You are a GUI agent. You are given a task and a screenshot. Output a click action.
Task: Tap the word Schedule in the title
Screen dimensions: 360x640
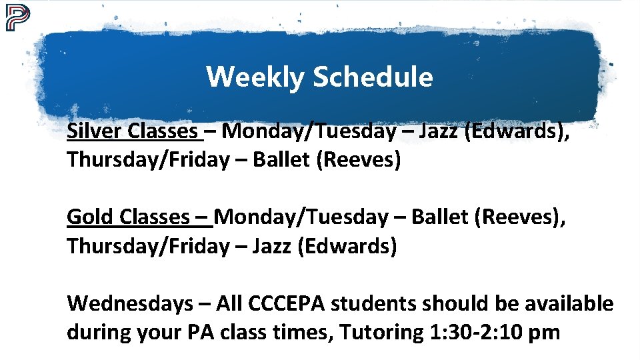point(373,77)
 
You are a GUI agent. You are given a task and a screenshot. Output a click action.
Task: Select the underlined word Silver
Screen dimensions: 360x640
point(95,131)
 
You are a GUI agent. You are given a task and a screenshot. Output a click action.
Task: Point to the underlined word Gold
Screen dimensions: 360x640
point(91,217)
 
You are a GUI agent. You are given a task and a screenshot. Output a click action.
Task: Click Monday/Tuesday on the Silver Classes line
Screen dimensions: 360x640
point(308,131)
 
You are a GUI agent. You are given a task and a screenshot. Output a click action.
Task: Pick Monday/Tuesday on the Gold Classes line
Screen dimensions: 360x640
point(302,217)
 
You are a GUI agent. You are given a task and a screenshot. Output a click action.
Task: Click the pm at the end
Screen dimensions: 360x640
point(543,332)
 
